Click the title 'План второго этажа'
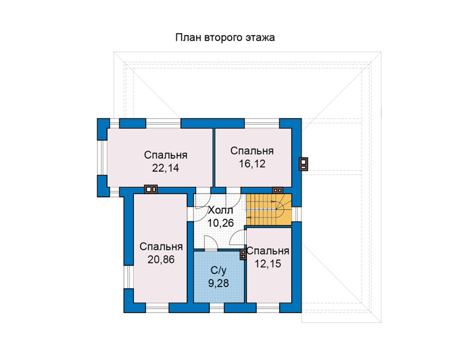(x=225, y=38)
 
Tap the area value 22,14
(x=166, y=168)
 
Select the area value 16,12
(x=252, y=164)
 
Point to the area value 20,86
(x=161, y=260)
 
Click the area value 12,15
(x=268, y=264)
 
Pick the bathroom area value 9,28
(x=218, y=283)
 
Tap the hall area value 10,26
(x=220, y=223)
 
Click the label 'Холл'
(x=220, y=211)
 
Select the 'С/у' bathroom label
(x=218, y=270)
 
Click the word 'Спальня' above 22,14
(x=166, y=155)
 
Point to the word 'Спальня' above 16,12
(x=252, y=151)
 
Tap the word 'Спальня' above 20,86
(x=161, y=246)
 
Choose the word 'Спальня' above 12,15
(x=268, y=251)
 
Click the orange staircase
(x=269, y=209)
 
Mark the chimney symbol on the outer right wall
(x=304, y=164)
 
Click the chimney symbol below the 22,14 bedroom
(x=150, y=189)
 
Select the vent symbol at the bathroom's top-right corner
(x=243, y=255)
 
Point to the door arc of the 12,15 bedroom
(x=236, y=236)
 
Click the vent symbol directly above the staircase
(x=277, y=190)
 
